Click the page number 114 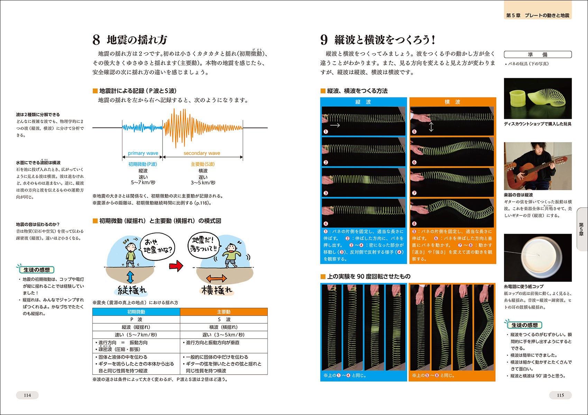coord(27,395)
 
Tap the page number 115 coord(560,395)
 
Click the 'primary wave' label coord(143,153)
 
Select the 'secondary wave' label coord(202,153)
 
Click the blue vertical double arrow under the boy coord(130,277)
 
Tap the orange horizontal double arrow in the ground coord(216,278)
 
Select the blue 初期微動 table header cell coord(136,312)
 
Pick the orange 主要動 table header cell coord(223,312)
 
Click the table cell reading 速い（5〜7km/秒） coord(136,335)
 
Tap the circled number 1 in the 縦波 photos coord(326,132)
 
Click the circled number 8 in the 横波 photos coord(414,223)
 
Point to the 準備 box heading coord(538,54)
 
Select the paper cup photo coord(538,258)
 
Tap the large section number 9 coord(324,40)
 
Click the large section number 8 coord(96,40)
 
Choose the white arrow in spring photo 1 coord(335,125)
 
